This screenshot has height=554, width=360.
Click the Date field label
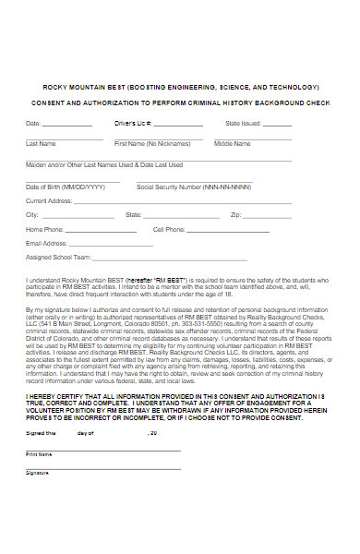tap(33, 123)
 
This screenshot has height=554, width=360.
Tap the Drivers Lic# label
tap(133, 123)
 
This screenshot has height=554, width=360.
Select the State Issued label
tap(245, 123)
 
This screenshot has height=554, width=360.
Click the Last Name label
tap(41, 144)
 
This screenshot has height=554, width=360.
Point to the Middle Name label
tap(232, 144)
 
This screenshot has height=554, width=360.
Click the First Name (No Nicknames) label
tap(154, 144)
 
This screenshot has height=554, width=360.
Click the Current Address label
tap(49, 200)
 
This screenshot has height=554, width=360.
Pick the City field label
tap(32, 214)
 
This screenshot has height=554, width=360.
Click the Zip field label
tap(235, 214)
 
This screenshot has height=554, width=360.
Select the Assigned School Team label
tap(58, 259)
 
